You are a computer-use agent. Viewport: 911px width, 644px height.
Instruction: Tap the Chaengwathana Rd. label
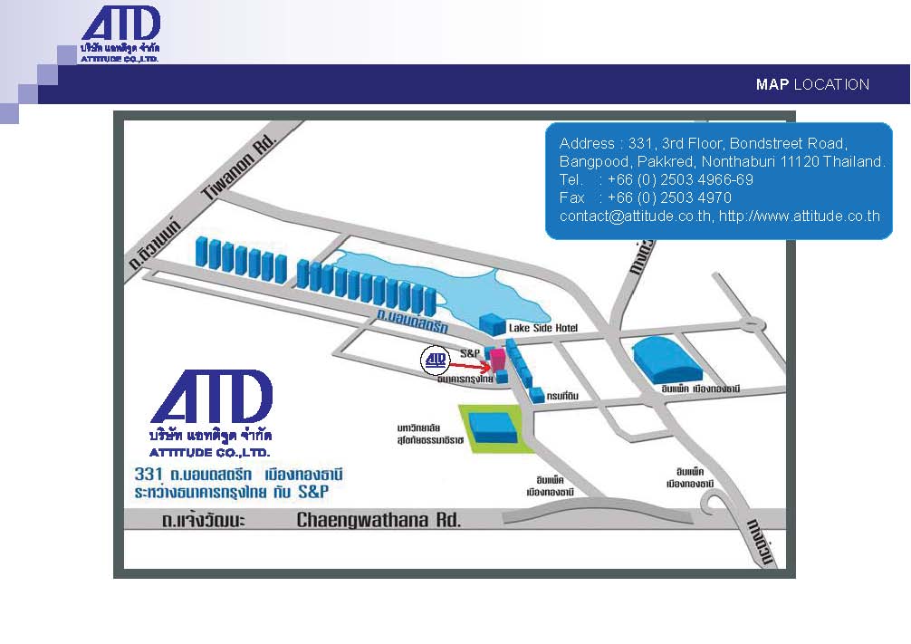(379, 520)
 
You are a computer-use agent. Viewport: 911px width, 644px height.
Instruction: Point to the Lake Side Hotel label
(543, 328)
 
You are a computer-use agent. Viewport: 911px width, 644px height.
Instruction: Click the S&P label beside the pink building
(470, 351)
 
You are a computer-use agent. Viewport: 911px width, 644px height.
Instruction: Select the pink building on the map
(497, 358)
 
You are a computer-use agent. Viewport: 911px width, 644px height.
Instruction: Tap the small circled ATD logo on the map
(436, 360)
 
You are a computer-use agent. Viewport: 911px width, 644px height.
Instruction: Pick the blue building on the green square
(495, 426)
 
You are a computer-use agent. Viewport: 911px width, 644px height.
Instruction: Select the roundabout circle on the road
(751, 322)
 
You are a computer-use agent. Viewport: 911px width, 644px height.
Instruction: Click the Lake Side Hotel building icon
(492, 323)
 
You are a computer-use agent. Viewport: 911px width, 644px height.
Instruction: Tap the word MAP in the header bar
(772, 84)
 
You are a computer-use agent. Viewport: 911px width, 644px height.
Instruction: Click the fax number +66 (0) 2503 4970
(669, 197)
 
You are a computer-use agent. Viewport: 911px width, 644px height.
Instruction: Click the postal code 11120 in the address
(799, 161)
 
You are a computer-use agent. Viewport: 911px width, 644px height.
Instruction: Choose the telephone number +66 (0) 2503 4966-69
(680, 179)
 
